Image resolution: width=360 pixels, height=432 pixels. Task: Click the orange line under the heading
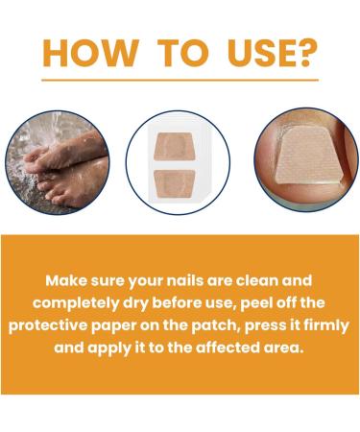(x=180, y=81)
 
